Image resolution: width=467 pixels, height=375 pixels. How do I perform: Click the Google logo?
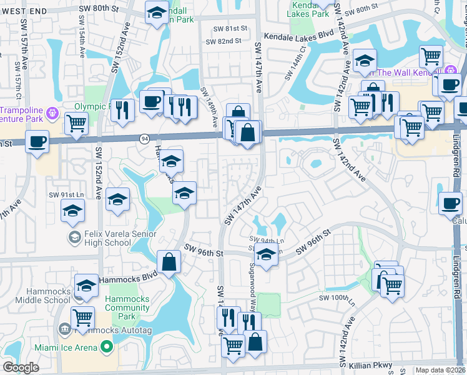[21, 367]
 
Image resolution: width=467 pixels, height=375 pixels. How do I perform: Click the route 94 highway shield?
[144, 137]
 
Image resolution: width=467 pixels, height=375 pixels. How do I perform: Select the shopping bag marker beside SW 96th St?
[169, 262]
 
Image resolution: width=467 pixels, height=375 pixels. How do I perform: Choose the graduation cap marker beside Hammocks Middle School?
[86, 286]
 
